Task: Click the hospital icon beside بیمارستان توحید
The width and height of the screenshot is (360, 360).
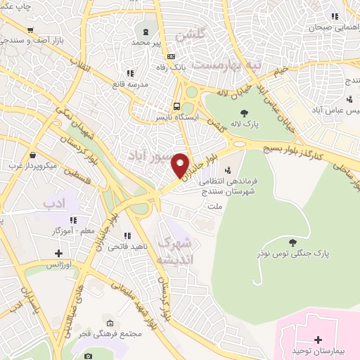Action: click(319, 340)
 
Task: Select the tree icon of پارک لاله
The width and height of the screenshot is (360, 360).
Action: click(243, 114)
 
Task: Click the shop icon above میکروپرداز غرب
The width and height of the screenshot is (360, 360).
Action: click(33, 155)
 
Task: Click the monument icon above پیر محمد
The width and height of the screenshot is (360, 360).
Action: click(146, 31)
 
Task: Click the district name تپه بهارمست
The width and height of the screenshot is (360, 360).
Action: click(228, 65)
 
